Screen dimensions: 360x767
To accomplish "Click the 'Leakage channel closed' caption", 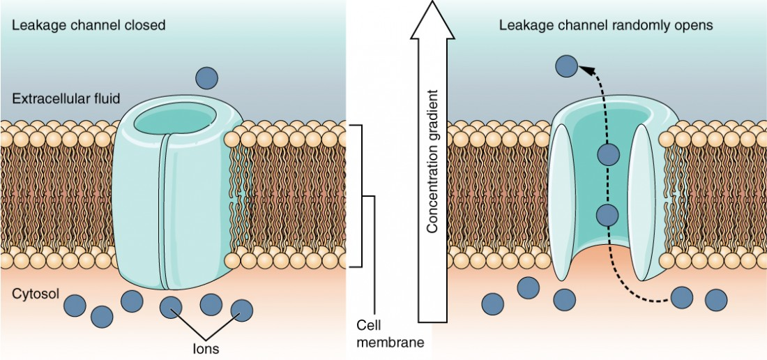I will tap(89, 26).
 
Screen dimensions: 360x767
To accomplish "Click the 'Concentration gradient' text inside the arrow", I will tap(432, 161).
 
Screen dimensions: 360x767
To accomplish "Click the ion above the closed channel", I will tap(207, 77).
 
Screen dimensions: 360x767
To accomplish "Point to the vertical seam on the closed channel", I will tap(164, 209).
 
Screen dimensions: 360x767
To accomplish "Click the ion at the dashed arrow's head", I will tap(566, 66).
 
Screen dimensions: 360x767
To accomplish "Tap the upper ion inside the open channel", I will tap(609, 154).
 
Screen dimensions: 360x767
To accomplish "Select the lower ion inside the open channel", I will tap(607, 214).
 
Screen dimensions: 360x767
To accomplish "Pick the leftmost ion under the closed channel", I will tap(75, 306).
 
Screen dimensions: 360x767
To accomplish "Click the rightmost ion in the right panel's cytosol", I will tap(715, 299).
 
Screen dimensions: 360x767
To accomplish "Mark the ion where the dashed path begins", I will tap(681, 298).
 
